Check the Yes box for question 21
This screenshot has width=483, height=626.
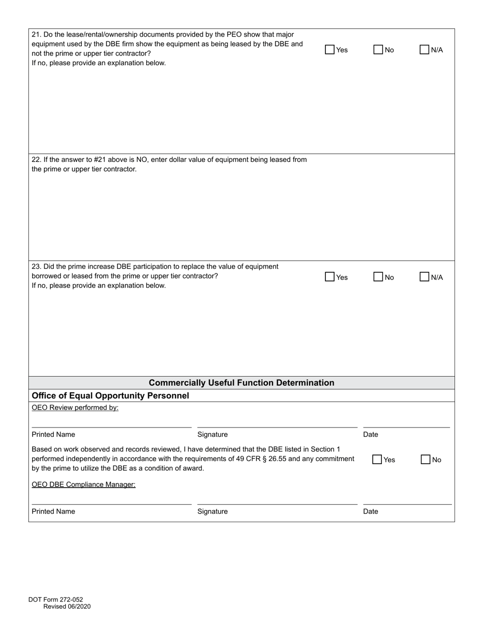[330, 50]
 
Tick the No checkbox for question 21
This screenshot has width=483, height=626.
[378, 50]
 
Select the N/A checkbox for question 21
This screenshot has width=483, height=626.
[425, 50]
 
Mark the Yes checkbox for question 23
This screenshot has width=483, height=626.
[330, 277]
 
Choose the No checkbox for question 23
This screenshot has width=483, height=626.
[378, 277]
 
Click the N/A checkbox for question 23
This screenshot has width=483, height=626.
[425, 277]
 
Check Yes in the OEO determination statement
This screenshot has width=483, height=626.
[377, 460]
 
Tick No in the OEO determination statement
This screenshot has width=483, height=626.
[426, 460]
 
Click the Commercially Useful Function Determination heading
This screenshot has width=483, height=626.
[242, 383]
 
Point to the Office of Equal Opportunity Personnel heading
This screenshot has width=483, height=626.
[110, 395]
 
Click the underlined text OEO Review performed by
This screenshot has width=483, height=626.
[75, 408]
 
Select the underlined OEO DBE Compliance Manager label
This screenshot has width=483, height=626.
[83, 485]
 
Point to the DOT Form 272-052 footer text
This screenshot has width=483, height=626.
[55, 600]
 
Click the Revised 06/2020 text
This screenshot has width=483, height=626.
[67, 606]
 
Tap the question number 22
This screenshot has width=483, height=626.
[36, 159]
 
